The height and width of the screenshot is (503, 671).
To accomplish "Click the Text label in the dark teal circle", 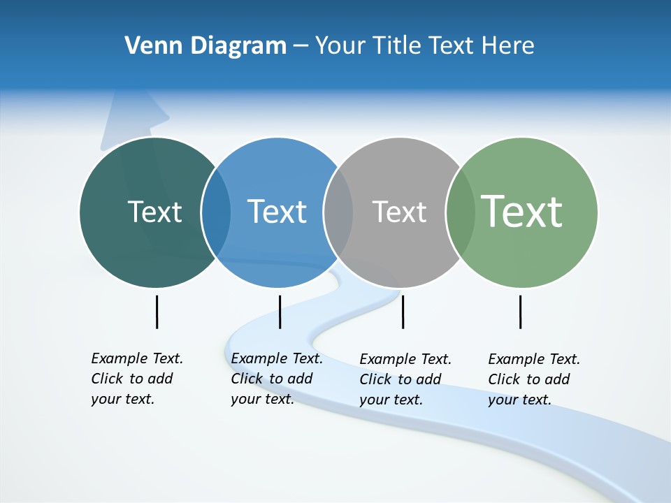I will (154, 212).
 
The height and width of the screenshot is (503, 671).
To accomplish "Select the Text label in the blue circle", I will (277, 212).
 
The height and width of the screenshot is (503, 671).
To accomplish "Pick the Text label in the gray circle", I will (399, 212).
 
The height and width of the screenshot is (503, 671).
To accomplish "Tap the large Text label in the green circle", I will (522, 211).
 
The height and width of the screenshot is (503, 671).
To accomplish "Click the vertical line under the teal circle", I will (157, 312).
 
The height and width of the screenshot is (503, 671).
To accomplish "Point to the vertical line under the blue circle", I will (280, 312).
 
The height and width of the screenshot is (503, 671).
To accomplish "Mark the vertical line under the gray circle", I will (403, 312).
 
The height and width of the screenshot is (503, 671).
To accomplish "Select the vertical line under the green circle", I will (520, 312).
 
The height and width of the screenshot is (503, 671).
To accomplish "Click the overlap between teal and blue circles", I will (216, 212).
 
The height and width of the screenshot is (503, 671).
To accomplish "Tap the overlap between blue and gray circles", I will (338, 212).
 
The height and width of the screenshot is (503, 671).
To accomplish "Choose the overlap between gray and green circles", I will (459, 212).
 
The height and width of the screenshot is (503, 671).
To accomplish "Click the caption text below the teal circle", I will (136, 379).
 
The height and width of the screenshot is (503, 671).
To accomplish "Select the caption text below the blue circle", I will (276, 379).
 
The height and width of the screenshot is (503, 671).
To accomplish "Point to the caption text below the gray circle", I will (405, 379).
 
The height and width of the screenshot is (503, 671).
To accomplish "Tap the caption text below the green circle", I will (533, 379).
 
